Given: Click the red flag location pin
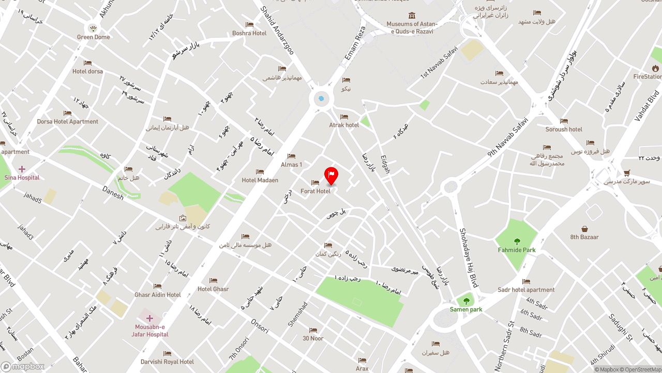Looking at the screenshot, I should click(331, 175).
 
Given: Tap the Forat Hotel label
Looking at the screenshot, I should click(315, 191).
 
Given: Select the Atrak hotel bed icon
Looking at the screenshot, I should click(344, 117).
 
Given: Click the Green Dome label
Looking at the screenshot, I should click(94, 37).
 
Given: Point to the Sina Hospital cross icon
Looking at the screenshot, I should click(22, 169).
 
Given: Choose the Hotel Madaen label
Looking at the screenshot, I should click(260, 180).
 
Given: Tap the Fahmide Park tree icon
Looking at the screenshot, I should click(517, 241).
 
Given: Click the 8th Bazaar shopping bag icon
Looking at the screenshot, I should click(584, 229).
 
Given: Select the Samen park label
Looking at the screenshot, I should click(466, 309).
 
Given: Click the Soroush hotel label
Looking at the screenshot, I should click(564, 130).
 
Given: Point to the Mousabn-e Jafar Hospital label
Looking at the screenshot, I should click(150, 331).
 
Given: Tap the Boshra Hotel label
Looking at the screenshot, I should click(249, 33).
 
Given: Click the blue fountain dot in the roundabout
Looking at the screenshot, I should click(321, 99).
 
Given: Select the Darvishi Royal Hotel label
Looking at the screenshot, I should click(167, 362).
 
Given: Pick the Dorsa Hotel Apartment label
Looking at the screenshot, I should click(67, 122).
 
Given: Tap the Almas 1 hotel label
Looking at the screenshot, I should click(291, 165).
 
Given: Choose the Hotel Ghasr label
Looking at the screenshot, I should click(213, 289).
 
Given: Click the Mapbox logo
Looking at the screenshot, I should click(23, 367).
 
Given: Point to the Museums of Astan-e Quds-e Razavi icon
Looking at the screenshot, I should click(412, 16).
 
